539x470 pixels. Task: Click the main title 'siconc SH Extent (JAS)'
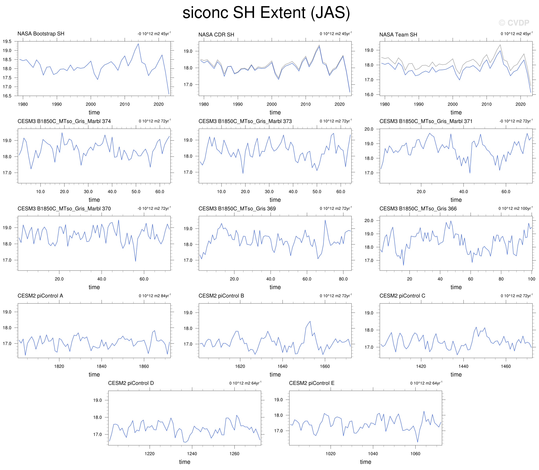click(266, 13)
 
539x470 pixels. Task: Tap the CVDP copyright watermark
click(514, 23)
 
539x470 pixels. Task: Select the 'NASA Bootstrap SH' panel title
click(41, 34)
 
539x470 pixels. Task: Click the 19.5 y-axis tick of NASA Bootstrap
click(7, 41)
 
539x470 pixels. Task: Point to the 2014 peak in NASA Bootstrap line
click(138, 44)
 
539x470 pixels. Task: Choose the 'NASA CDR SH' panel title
click(216, 35)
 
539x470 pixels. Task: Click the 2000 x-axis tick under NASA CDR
click(272, 104)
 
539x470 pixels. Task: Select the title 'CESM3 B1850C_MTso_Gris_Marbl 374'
click(64, 121)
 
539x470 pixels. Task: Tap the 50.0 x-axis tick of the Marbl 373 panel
click(317, 191)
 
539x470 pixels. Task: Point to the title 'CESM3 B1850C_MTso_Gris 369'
click(237, 208)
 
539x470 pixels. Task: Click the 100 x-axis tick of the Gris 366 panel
click(531, 279)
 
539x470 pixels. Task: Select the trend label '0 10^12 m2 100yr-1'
click(516, 208)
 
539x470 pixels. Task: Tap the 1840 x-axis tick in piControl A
click(102, 366)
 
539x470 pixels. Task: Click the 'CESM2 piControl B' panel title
click(221, 296)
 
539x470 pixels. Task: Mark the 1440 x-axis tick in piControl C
click(463, 366)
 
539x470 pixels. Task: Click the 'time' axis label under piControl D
click(185, 462)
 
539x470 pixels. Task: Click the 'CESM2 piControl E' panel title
click(312, 383)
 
